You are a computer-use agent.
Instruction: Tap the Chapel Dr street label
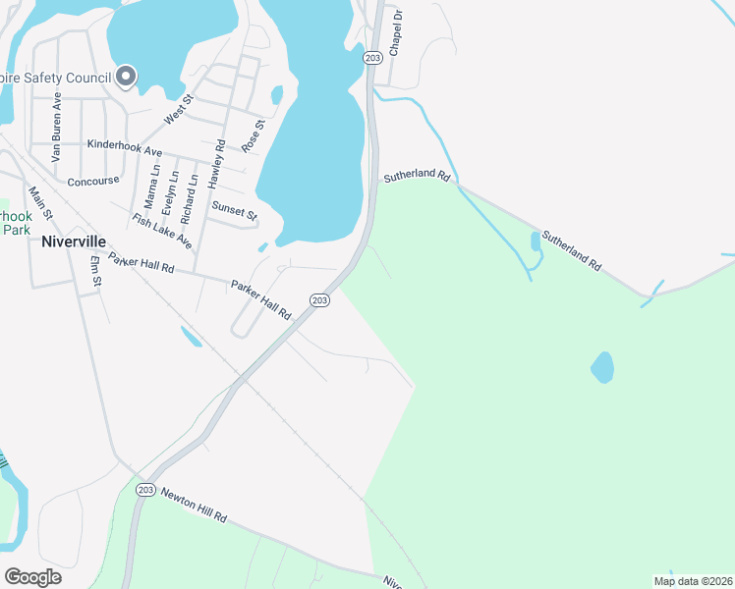(396, 34)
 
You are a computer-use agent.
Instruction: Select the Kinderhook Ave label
(124, 146)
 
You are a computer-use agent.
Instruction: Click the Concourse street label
(92, 182)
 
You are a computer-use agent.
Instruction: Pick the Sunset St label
(234, 210)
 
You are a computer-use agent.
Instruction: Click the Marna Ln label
(150, 186)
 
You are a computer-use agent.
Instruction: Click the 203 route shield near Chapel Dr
(371, 58)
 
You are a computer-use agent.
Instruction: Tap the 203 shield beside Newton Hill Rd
(145, 490)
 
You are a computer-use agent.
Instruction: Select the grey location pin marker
(126, 76)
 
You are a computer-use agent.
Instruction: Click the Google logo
(32, 577)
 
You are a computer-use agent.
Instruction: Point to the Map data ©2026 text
(692, 581)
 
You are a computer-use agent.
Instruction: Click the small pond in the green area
(602, 367)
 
